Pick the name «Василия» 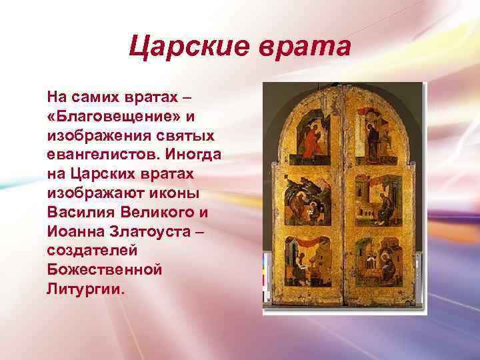(85, 213)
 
